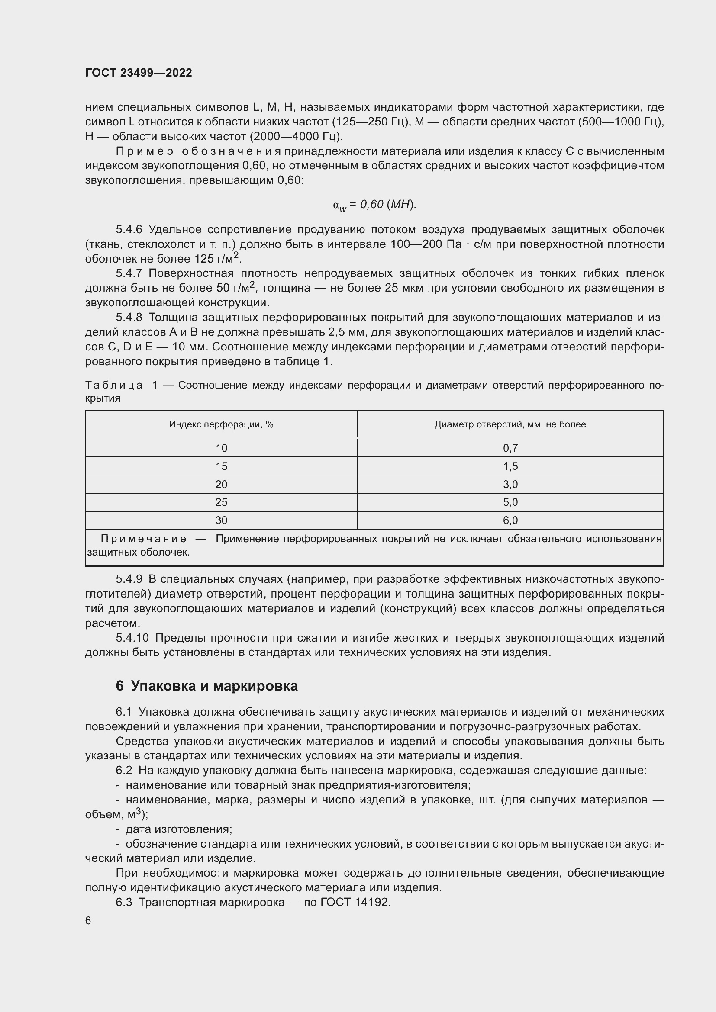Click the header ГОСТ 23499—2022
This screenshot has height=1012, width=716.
point(139,73)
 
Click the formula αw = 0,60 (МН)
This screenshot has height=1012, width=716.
point(374,205)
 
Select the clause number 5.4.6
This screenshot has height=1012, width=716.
point(129,230)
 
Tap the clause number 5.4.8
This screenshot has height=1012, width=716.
point(129,318)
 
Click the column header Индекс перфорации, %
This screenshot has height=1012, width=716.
point(221,424)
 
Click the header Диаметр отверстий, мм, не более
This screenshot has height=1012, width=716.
point(510,424)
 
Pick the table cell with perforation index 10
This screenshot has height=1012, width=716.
point(221,448)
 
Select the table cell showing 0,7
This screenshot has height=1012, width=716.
point(510,448)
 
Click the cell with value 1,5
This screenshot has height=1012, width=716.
point(510,466)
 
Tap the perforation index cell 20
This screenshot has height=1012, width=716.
point(221,485)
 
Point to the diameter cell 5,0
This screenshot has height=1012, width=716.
point(510,502)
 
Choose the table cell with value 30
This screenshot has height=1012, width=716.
point(221,520)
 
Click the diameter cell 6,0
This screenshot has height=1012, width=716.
point(510,520)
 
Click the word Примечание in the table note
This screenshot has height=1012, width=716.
point(144,539)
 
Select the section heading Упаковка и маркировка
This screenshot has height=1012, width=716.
point(214,686)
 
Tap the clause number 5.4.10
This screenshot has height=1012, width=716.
point(132,638)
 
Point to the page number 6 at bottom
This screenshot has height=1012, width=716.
point(88,921)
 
